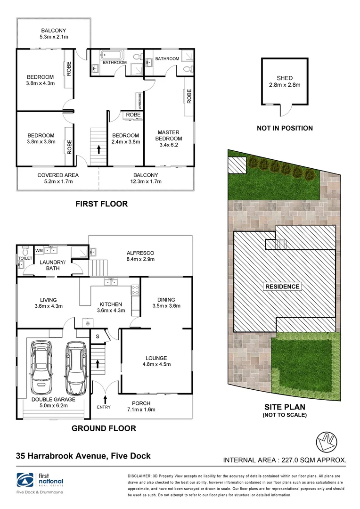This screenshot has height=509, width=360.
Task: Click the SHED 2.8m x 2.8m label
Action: click(285, 82)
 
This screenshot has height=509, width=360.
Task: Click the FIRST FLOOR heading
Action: click(101, 204)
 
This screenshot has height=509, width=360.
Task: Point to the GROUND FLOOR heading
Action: click(104, 428)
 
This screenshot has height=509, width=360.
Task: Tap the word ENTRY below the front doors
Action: click(104, 407)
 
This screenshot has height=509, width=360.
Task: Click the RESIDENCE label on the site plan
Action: click(282, 286)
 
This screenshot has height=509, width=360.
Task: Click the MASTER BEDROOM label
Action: click(169, 135)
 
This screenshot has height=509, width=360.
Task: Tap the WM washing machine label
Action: click(39, 250)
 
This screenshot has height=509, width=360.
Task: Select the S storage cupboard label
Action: click(98, 337)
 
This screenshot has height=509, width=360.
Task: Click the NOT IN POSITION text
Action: click(284, 128)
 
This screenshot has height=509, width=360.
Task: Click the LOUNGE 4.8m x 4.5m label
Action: click(156, 361)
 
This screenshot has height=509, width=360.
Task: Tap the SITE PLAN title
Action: click(285, 407)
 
